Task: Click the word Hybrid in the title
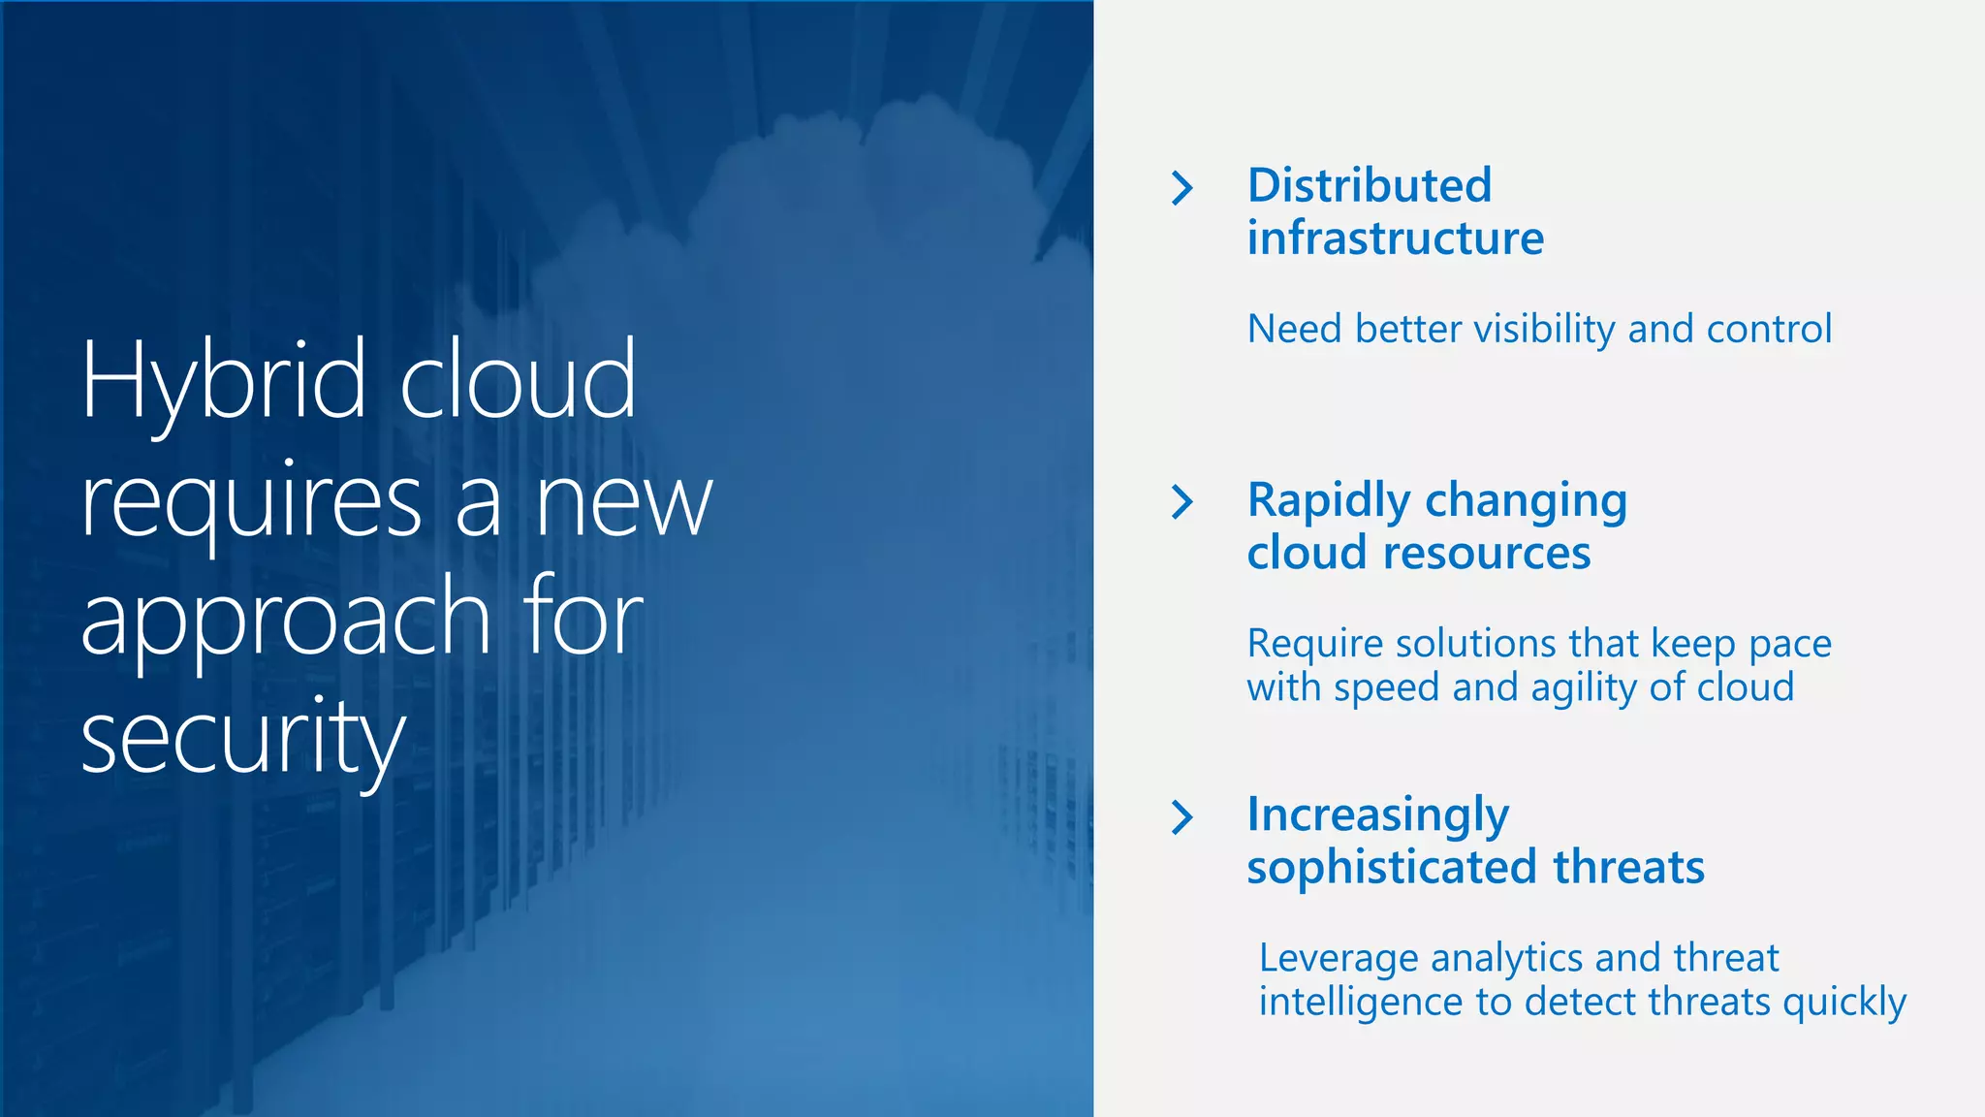(x=224, y=380)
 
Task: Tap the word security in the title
(x=242, y=737)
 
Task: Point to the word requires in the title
(x=251, y=502)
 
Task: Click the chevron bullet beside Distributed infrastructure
(x=1182, y=188)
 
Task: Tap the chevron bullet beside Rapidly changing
(x=1182, y=502)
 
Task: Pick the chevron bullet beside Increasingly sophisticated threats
(x=1182, y=817)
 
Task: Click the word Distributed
(x=1369, y=186)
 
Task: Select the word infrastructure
(x=1395, y=239)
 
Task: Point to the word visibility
(x=1544, y=330)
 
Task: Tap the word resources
(x=1487, y=554)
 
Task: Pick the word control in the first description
(x=1769, y=330)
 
